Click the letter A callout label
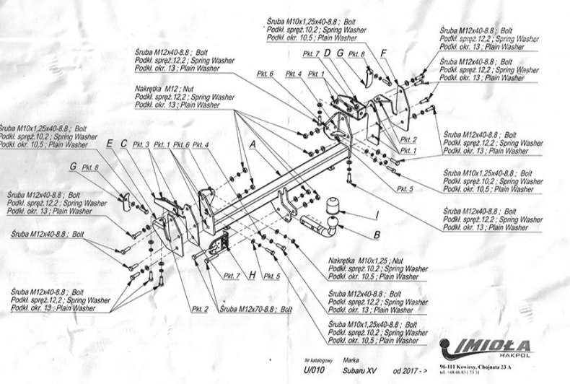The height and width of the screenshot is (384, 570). pyautogui.click(x=253, y=144)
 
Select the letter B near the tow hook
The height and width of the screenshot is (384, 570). pyautogui.click(x=376, y=235)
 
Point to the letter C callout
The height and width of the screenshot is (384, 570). pyautogui.click(x=123, y=144)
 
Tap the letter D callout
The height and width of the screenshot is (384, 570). pyautogui.click(x=326, y=53)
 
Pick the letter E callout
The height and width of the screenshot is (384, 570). pyautogui.click(x=109, y=144)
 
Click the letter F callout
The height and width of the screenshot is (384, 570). pyautogui.click(x=384, y=53)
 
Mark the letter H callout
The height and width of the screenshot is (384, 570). pyautogui.click(x=253, y=275)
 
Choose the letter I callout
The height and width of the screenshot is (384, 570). pyautogui.click(x=376, y=214)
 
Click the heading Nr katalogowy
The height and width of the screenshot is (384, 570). pyautogui.click(x=317, y=359)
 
